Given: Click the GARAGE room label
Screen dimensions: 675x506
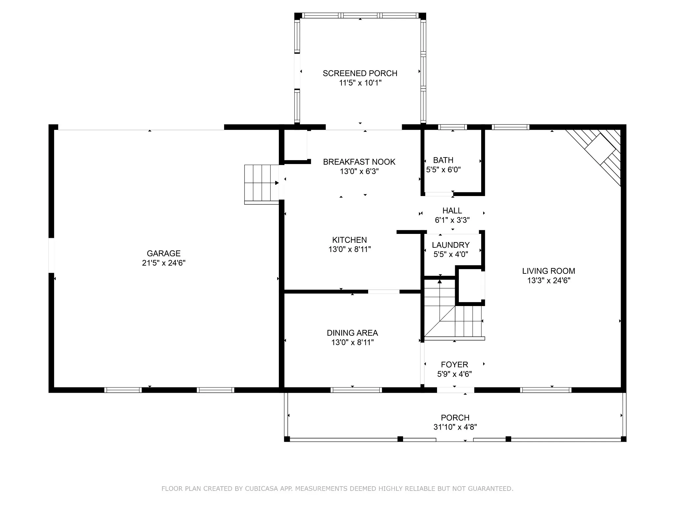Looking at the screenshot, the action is [163, 253].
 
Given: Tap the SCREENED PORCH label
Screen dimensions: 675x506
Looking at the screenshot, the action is [360, 73].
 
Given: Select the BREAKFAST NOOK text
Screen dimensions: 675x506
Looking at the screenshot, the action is [359, 162].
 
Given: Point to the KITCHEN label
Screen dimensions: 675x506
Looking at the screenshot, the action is [349, 240].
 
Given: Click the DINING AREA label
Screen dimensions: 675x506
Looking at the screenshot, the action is [352, 333].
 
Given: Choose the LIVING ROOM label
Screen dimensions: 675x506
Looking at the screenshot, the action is [548, 271].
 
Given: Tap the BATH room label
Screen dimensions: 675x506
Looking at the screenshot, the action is [443, 160].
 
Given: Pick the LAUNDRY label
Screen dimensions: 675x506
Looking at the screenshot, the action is [451, 245].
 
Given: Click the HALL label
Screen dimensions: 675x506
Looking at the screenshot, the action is [452, 211].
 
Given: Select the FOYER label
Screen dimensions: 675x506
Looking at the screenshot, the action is [455, 365].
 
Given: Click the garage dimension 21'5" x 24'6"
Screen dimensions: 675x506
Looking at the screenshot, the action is [164, 263].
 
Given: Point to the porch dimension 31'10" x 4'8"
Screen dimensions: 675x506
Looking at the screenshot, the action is [455, 427].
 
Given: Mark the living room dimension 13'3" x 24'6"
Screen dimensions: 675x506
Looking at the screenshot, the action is [548, 280].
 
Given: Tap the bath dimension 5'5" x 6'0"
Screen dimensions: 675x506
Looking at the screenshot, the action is [443, 170].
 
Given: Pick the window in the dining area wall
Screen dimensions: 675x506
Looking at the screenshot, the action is [356, 390].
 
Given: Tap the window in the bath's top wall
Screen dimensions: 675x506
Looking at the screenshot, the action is [453, 127].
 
